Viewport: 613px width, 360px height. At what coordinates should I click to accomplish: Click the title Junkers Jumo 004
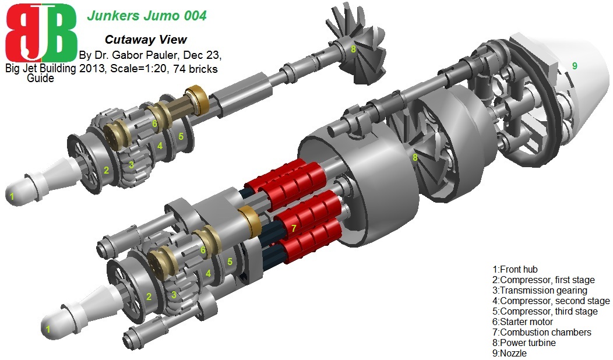146,16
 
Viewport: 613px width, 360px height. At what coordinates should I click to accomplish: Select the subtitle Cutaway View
146,40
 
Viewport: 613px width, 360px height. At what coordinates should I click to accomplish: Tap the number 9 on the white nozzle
574,66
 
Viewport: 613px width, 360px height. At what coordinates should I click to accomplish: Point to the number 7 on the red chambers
294,228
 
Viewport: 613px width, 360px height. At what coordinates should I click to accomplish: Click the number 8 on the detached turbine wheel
353,50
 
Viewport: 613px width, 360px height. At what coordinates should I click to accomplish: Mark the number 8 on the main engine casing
415,157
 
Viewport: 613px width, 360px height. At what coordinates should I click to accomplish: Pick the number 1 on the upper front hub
12,197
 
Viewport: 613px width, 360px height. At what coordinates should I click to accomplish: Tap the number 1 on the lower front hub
48,329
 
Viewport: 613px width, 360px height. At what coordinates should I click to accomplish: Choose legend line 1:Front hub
515,269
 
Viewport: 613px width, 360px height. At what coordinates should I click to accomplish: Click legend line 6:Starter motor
523,322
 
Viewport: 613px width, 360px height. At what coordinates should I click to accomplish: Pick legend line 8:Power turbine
524,343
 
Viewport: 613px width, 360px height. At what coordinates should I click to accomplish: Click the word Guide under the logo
40,78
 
